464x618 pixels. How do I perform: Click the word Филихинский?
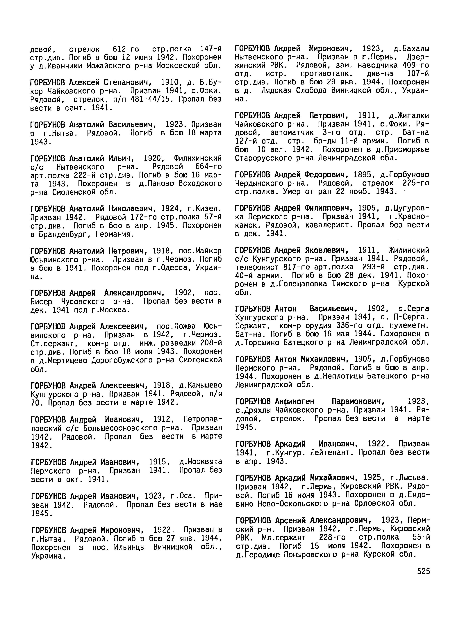[198, 158]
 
